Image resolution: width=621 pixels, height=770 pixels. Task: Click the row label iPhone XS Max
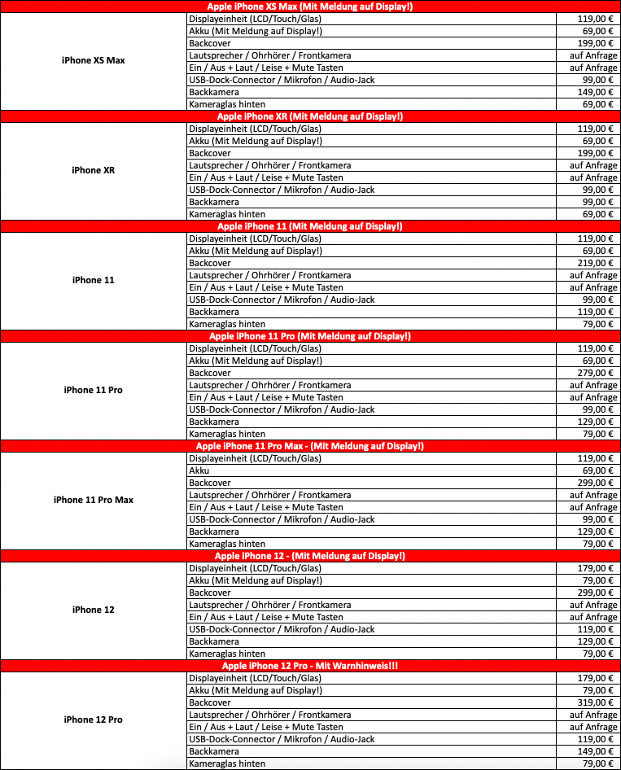tap(93, 60)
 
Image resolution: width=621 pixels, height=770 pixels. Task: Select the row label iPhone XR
tap(93, 170)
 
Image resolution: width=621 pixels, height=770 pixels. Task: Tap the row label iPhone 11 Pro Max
tap(93, 500)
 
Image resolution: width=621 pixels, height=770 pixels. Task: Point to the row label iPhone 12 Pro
tap(93, 720)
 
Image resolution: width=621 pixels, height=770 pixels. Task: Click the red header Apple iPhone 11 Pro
tap(310, 336)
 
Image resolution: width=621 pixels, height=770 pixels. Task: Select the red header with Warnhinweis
tap(310, 666)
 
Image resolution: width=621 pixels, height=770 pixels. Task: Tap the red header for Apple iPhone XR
tap(310, 116)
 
